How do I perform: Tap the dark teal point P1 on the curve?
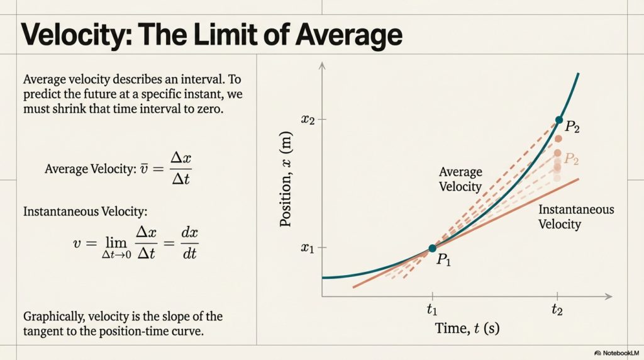click(431, 249)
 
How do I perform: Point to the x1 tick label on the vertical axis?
click(307, 248)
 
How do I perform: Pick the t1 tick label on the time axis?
click(432, 309)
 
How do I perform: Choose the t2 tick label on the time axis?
click(557, 309)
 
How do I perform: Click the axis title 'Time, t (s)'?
click(467, 328)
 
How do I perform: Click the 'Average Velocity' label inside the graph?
click(460, 179)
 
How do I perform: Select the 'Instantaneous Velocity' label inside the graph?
click(576, 217)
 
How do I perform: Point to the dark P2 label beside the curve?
click(572, 127)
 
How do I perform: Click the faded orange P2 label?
click(571, 159)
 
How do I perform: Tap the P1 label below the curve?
click(444, 261)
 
